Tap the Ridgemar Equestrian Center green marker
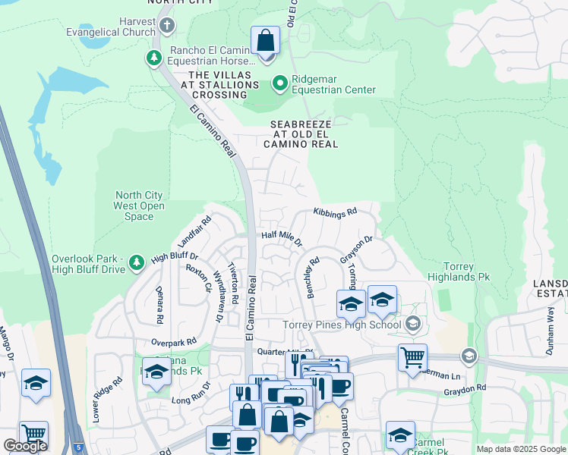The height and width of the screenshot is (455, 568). [280, 83]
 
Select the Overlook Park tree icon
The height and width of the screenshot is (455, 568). [137, 263]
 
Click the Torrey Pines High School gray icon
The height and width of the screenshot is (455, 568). [412, 325]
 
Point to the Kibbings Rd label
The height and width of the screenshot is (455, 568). [335, 214]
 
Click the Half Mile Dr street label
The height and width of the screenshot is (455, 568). [282, 239]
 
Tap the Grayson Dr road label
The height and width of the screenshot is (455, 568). [357, 249]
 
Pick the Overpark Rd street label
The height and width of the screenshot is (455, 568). [173, 341]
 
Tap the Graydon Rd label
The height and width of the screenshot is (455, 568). [465, 389]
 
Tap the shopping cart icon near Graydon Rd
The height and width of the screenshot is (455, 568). [412, 356]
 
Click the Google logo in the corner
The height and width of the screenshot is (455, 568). [25, 446]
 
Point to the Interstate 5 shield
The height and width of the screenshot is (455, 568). [80, 447]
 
